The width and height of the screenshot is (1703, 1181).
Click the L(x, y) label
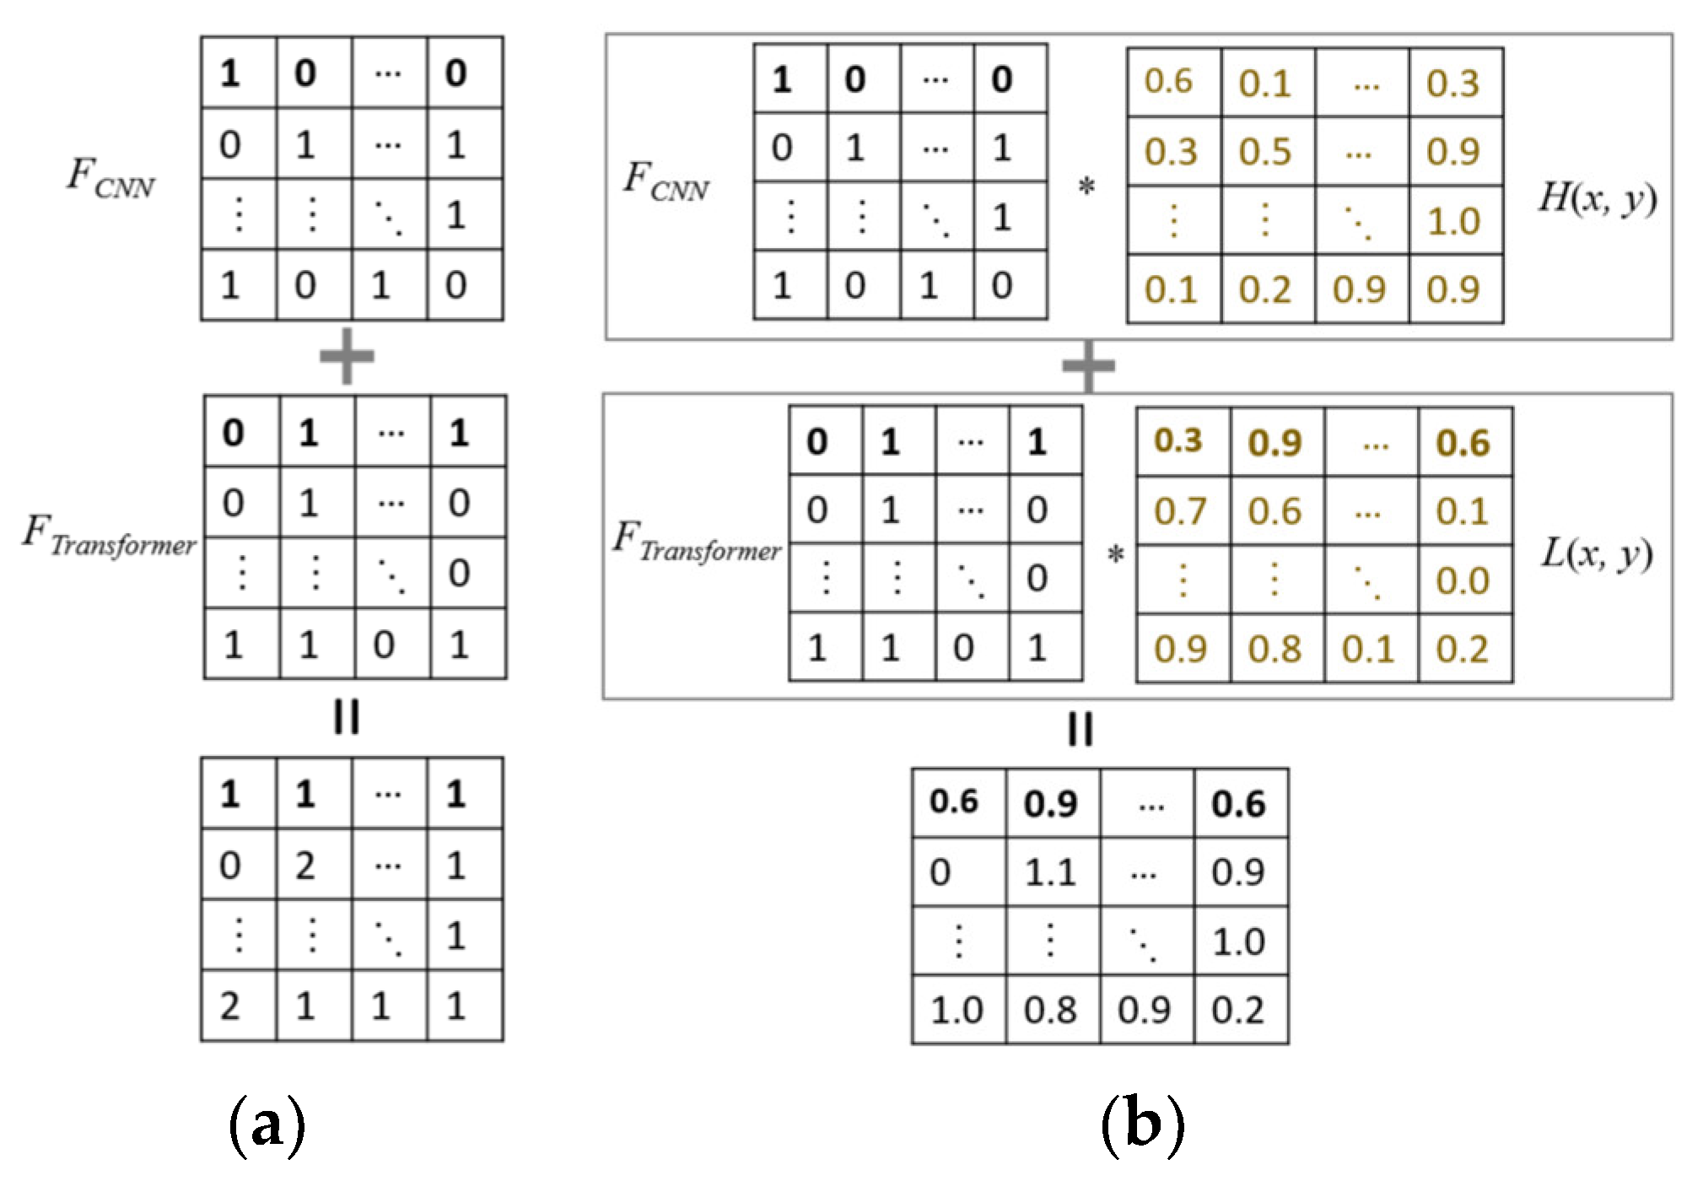1596,554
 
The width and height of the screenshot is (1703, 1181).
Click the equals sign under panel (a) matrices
347,717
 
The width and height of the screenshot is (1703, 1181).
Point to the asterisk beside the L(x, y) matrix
1115,556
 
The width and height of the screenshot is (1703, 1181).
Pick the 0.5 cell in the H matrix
1265,153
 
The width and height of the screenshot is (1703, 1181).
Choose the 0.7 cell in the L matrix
1180,512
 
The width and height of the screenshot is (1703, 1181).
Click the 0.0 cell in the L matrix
1463,581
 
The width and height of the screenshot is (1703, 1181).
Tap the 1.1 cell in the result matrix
1051,872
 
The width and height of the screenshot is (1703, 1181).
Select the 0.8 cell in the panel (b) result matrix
1051,1010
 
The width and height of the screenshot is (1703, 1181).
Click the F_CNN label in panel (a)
110,178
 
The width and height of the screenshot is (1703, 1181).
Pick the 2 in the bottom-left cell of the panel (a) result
230,1006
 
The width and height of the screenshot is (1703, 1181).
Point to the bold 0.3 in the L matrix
1178,441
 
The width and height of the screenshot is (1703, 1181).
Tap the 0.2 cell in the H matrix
1265,290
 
